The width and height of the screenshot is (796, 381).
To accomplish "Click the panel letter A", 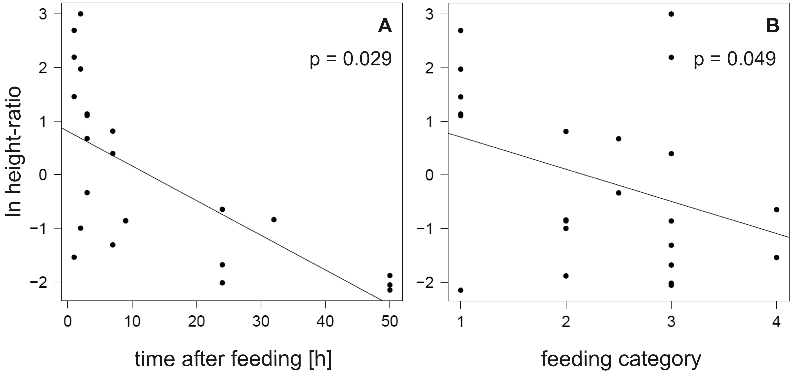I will pyautogui.click(x=385, y=27).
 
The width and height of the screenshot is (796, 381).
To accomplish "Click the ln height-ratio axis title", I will pyautogui.click(x=14, y=151).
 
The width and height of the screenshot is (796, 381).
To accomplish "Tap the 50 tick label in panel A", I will pyautogui.click(x=390, y=322).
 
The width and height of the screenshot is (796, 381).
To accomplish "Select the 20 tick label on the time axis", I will pyautogui.click(x=197, y=322).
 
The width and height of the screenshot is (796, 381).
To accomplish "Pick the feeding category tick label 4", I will pyautogui.click(x=776, y=322).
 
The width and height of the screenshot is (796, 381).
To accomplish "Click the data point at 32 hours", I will pyautogui.click(x=274, y=219).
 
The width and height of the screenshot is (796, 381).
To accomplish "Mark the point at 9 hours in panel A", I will pyautogui.click(x=125, y=220).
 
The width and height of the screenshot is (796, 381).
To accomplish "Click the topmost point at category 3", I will pyautogui.click(x=671, y=14).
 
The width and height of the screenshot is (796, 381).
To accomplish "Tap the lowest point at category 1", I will pyautogui.click(x=460, y=290).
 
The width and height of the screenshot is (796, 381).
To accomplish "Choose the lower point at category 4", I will pyautogui.click(x=777, y=257).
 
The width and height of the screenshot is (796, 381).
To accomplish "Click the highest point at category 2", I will pyautogui.click(x=566, y=131).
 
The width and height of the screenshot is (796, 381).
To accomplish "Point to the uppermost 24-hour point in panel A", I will pyautogui.click(x=222, y=209).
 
